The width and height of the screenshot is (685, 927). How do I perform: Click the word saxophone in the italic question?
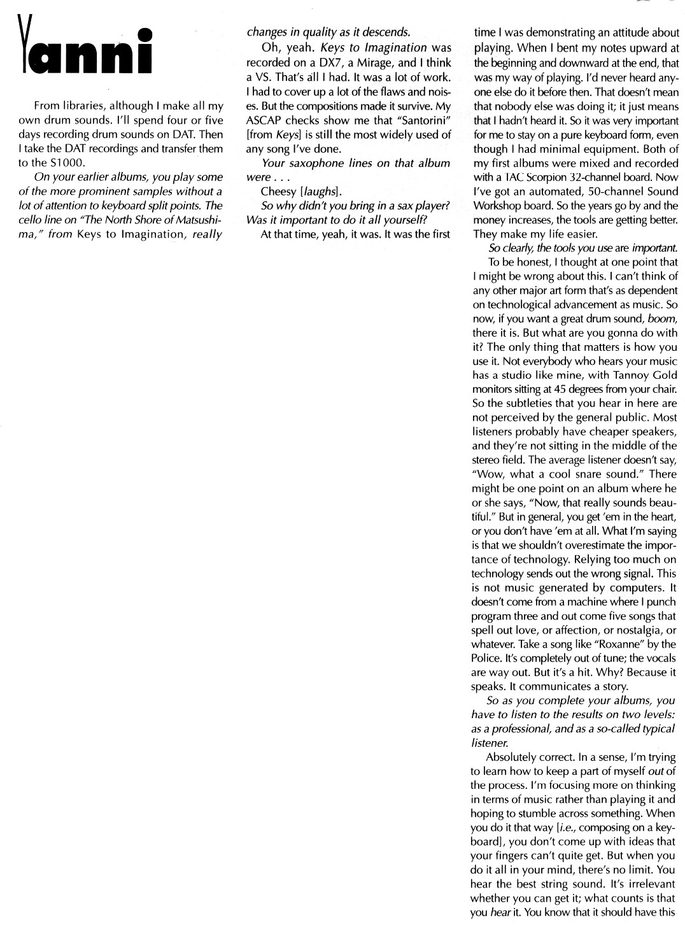pos(314,163)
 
